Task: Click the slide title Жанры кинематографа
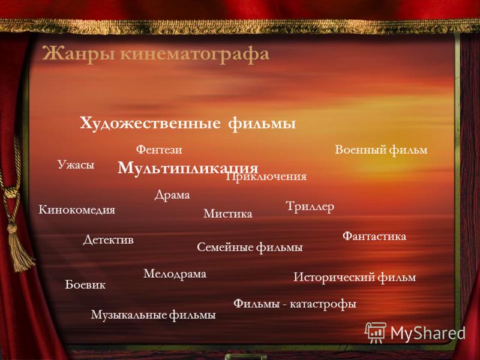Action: coord(155,55)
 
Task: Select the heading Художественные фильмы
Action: coord(188,124)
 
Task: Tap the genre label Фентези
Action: coord(159,149)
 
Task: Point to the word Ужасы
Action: coord(76,164)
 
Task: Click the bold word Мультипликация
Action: coord(188,168)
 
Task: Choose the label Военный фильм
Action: coord(381,150)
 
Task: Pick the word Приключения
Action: coord(266,177)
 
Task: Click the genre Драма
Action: coord(172,195)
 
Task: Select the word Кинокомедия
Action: coord(77,210)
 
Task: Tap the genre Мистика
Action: coord(228,214)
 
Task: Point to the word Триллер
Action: coord(310,206)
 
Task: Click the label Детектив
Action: coord(109,239)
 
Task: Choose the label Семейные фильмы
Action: coord(250,247)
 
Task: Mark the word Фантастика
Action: coord(374,236)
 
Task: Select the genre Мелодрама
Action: coord(175,274)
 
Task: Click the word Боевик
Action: coord(85,284)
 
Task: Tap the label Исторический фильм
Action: coord(355,277)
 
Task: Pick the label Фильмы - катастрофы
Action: coord(295,304)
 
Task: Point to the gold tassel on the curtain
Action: coord(19,247)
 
